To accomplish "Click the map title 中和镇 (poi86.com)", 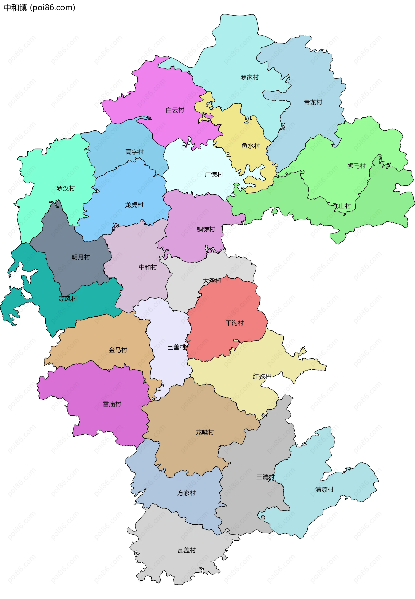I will pos(39,8).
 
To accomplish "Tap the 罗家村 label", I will pos(249,77).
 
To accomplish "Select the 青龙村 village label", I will pos(313,102).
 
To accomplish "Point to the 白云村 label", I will pos(175,110).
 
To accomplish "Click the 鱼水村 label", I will pos(251,146).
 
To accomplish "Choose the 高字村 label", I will pos(134,152).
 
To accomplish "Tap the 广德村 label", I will pos(214,174).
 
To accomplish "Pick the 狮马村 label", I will pos(356,166).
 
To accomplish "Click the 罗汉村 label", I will pos(66,188).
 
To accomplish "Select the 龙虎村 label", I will pos(134,205).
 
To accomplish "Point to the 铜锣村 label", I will pos(206,229).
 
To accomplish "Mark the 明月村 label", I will pos(81,257).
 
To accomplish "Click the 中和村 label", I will pos(148,267).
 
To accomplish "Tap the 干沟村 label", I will pos(234,323).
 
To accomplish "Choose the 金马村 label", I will pos(118,350).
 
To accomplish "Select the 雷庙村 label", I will pos(112,404).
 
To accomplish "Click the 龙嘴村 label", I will pos(205,432).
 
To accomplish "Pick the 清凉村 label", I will pos(324,490).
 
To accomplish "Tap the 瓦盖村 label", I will pos(187,550).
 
